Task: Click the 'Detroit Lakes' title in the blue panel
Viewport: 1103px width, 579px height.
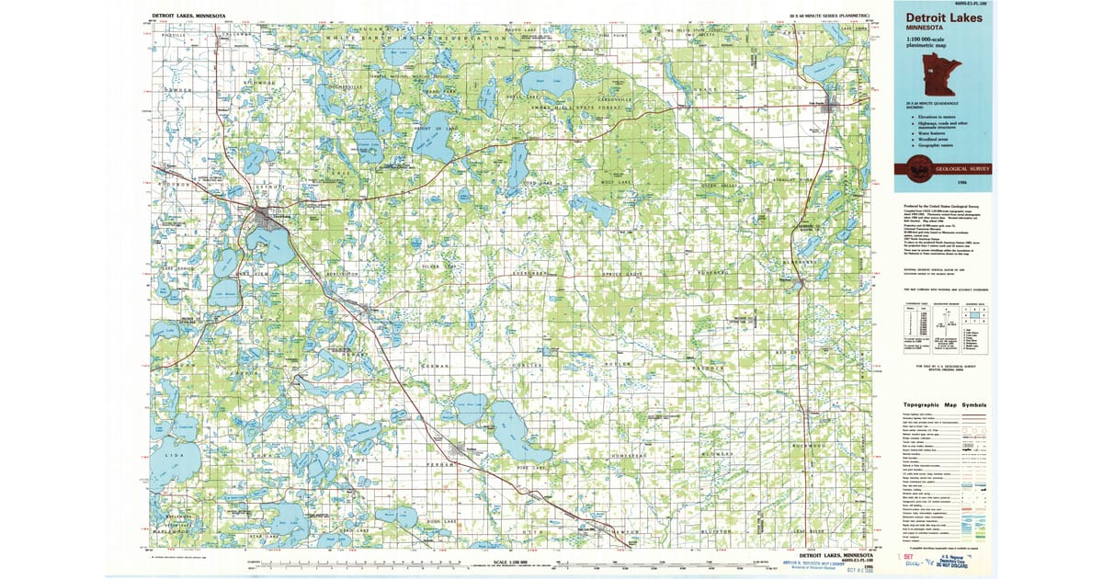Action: pos(944,17)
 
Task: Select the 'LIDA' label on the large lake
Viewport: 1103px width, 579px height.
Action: pos(168,455)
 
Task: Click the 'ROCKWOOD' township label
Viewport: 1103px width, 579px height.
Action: pos(810,446)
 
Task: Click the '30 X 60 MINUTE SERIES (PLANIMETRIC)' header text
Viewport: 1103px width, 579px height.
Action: pos(832,16)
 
